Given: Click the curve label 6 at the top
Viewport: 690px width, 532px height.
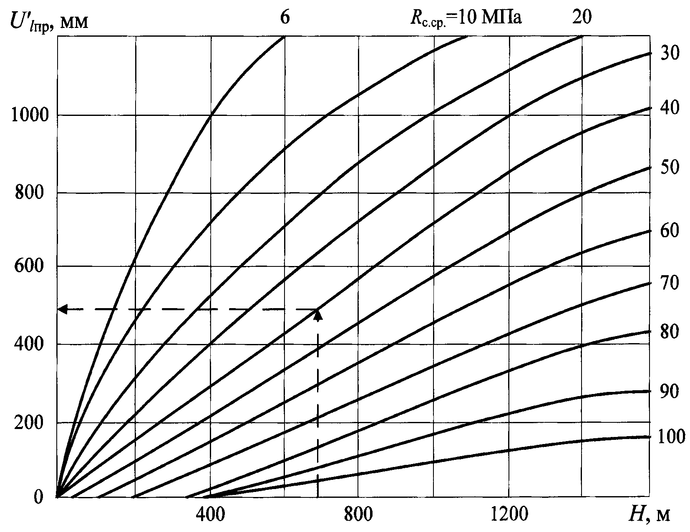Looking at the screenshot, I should [x=284, y=18].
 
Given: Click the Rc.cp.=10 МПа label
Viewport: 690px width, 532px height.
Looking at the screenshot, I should [x=465, y=19].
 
